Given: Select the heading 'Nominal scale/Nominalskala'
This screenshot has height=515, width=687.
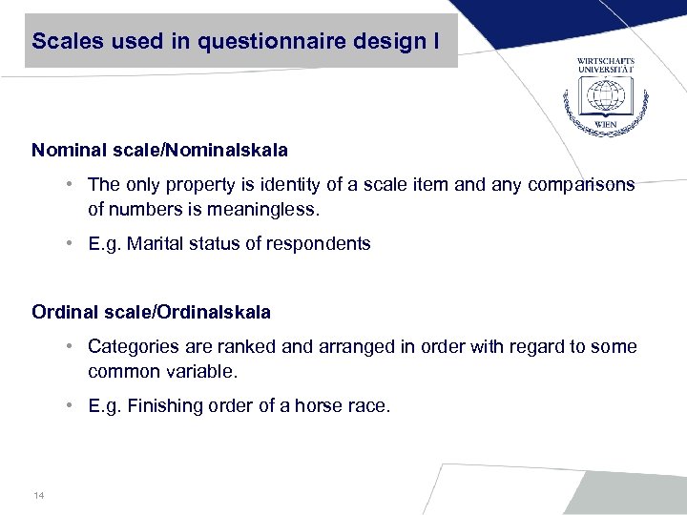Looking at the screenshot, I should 159,150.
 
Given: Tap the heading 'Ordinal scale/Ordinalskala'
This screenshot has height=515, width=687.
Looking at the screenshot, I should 151,312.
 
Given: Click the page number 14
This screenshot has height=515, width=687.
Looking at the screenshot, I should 38,495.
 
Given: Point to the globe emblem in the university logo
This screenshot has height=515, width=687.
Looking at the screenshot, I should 605,98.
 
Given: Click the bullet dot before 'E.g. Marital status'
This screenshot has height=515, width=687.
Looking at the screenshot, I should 72,243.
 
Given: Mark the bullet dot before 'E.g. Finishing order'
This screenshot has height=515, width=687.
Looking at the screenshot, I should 72,405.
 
